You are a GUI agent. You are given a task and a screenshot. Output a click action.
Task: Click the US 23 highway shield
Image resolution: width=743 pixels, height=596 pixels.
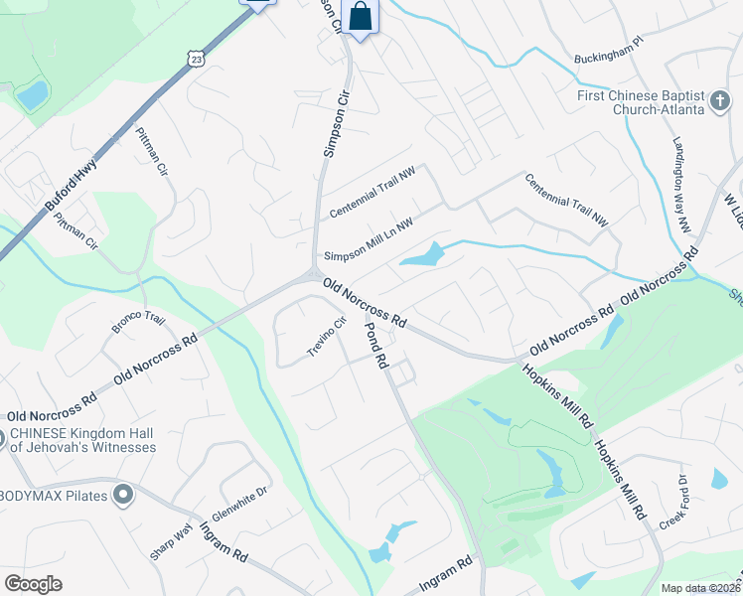pos(196,60)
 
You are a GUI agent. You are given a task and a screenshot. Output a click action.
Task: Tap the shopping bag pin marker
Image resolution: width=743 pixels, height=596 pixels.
pos(360,17)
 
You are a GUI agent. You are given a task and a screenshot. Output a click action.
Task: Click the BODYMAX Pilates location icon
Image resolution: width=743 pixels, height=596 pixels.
pos(123,495)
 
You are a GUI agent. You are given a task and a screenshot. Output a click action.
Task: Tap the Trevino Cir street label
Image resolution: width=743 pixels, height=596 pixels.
pos(325,339)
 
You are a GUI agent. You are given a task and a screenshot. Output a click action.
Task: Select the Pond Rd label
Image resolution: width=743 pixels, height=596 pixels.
pos(374,347)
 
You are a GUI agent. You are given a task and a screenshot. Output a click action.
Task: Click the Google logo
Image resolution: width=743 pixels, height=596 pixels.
pos(33,584)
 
